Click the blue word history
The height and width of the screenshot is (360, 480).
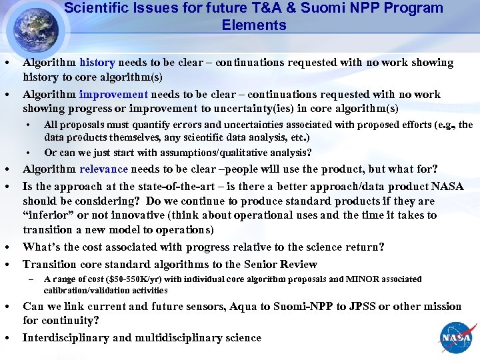click(97, 63)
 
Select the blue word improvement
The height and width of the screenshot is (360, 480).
click(113, 95)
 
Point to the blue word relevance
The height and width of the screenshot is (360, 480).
click(107, 169)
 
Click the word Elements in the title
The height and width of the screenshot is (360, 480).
click(254, 25)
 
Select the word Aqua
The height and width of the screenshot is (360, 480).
click(246, 307)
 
